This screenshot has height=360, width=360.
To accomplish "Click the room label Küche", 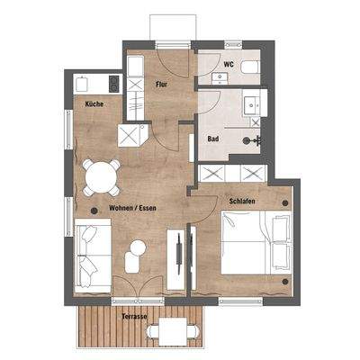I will (94, 104).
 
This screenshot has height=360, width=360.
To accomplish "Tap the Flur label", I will (162, 85).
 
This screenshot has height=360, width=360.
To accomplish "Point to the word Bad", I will (213, 140).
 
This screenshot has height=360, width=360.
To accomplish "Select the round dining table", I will (101, 177).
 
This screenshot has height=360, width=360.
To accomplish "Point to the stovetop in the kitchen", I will (113, 84).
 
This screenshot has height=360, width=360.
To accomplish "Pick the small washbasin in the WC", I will (218, 79).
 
